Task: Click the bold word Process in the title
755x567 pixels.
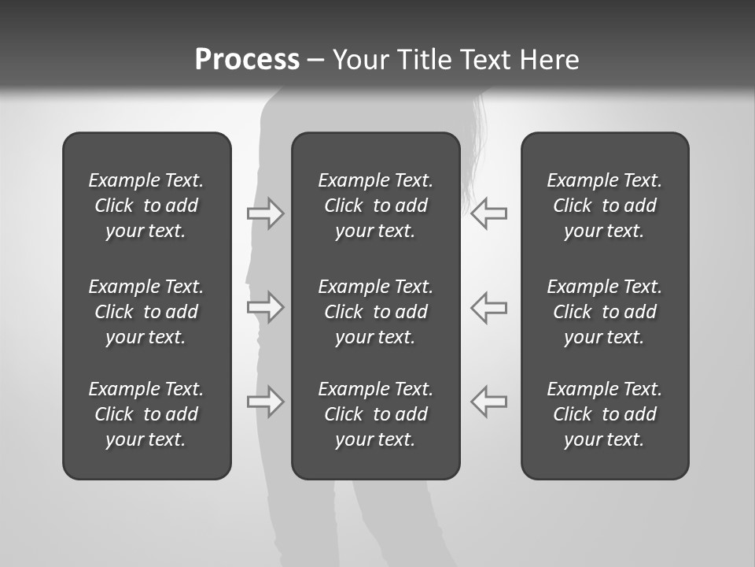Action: click(x=247, y=60)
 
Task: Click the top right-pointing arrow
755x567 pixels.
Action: click(x=266, y=213)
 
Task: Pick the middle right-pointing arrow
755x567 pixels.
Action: click(x=266, y=307)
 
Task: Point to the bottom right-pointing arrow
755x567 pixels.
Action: click(x=266, y=402)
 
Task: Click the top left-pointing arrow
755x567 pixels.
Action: click(x=488, y=213)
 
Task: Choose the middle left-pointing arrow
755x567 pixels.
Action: click(x=488, y=307)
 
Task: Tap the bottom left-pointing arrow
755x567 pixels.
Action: click(x=488, y=402)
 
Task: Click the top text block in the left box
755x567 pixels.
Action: click(x=146, y=206)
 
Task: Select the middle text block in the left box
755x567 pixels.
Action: click(x=146, y=312)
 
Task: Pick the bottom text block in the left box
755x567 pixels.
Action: click(x=146, y=414)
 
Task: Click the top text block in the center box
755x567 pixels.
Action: click(x=375, y=206)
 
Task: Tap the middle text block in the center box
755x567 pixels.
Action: click(x=375, y=312)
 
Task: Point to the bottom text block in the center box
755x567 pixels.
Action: click(x=375, y=414)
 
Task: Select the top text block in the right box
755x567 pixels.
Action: click(x=605, y=206)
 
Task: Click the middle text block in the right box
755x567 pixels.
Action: click(x=605, y=312)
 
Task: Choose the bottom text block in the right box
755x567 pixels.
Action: click(x=605, y=414)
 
